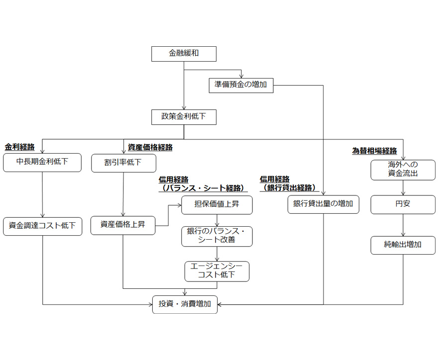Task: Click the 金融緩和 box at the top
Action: click(184, 54)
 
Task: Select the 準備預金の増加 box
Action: click(241, 85)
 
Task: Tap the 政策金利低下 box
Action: click(184, 117)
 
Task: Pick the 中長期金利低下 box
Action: click(42, 162)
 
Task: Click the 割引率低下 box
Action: click(123, 163)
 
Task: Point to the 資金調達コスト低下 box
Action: click(42, 226)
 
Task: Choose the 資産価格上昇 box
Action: click(123, 225)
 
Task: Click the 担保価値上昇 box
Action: click(217, 204)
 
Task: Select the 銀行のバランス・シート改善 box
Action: click(217, 236)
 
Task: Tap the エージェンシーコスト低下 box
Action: click(217, 271)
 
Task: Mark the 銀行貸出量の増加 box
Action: click(323, 204)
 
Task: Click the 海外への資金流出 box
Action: click(403, 169)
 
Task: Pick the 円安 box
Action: click(403, 204)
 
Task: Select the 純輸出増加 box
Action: click(403, 245)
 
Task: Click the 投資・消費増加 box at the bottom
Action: click(185, 304)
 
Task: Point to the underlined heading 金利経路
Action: click(20, 147)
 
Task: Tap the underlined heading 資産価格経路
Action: click(150, 147)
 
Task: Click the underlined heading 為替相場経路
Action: click(375, 151)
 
